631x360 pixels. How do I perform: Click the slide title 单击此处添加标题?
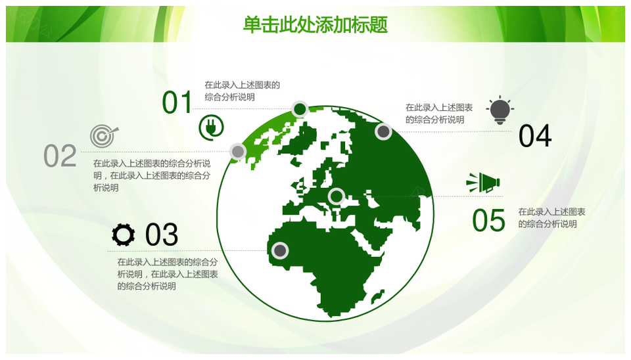coord(315,24)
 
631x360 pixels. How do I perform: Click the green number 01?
coord(177,102)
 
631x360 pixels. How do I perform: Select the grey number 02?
coord(60,156)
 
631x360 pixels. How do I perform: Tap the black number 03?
coord(162,235)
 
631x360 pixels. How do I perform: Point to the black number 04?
coord(535,136)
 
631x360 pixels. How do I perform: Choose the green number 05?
coord(488,221)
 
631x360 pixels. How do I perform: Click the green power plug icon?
coord(211,127)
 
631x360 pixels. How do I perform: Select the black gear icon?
coord(123,235)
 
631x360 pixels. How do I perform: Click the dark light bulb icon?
coord(500,110)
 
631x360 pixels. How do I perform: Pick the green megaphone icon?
coord(483,183)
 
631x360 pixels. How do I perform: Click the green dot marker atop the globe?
coord(300,109)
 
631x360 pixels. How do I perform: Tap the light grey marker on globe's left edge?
coord(238,152)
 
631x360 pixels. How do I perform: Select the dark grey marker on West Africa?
coord(280,250)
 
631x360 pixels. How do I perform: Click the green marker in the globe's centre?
coord(336,196)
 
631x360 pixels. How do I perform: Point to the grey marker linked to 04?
coord(383,131)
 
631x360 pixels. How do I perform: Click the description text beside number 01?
coord(242,91)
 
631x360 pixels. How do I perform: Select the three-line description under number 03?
coord(168,274)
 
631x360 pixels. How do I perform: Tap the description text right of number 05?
coord(551,217)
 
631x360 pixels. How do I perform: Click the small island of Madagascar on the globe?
coord(377,296)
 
